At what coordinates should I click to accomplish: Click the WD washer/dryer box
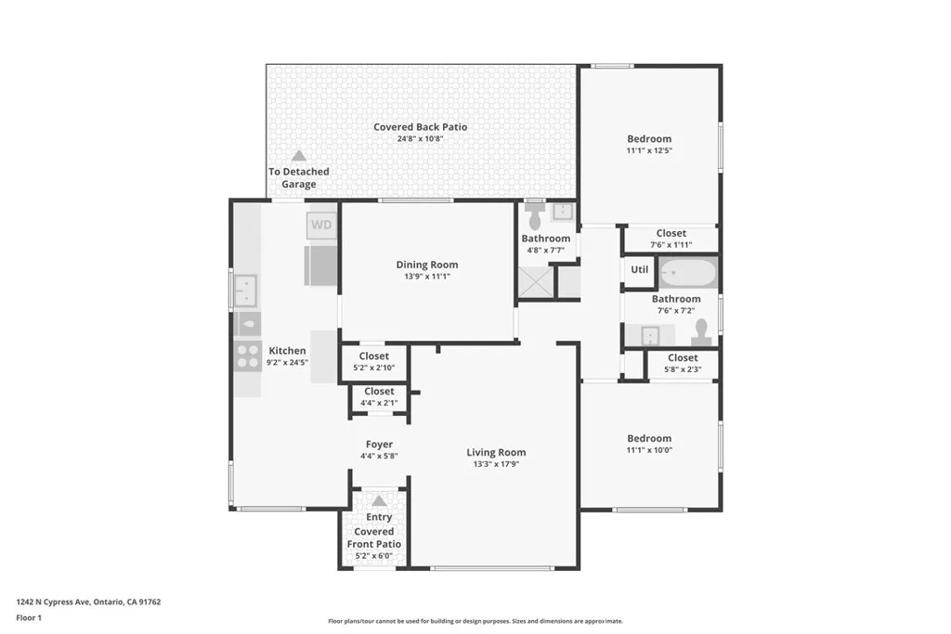tap(321, 226)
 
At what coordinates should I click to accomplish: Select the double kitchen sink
tap(246, 291)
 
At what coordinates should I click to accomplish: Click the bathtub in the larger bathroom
tap(688, 273)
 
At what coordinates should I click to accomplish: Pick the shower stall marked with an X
tap(534, 282)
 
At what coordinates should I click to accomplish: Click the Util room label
tap(640, 270)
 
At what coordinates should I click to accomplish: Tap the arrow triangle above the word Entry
tap(379, 500)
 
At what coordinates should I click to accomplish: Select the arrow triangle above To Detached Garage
tap(298, 156)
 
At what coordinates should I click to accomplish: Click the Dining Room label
tap(427, 265)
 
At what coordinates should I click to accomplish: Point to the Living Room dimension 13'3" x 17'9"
tap(496, 464)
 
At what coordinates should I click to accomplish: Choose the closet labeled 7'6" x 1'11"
tap(671, 239)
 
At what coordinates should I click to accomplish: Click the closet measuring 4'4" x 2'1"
tap(379, 397)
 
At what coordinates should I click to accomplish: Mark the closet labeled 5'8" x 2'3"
tap(682, 363)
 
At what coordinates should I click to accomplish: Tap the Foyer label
tap(379, 445)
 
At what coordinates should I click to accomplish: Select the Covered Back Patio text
tap(421, 127)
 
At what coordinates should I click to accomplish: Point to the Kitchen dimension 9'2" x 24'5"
tap(287, 363)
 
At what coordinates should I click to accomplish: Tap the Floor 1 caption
tap(30, 617)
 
